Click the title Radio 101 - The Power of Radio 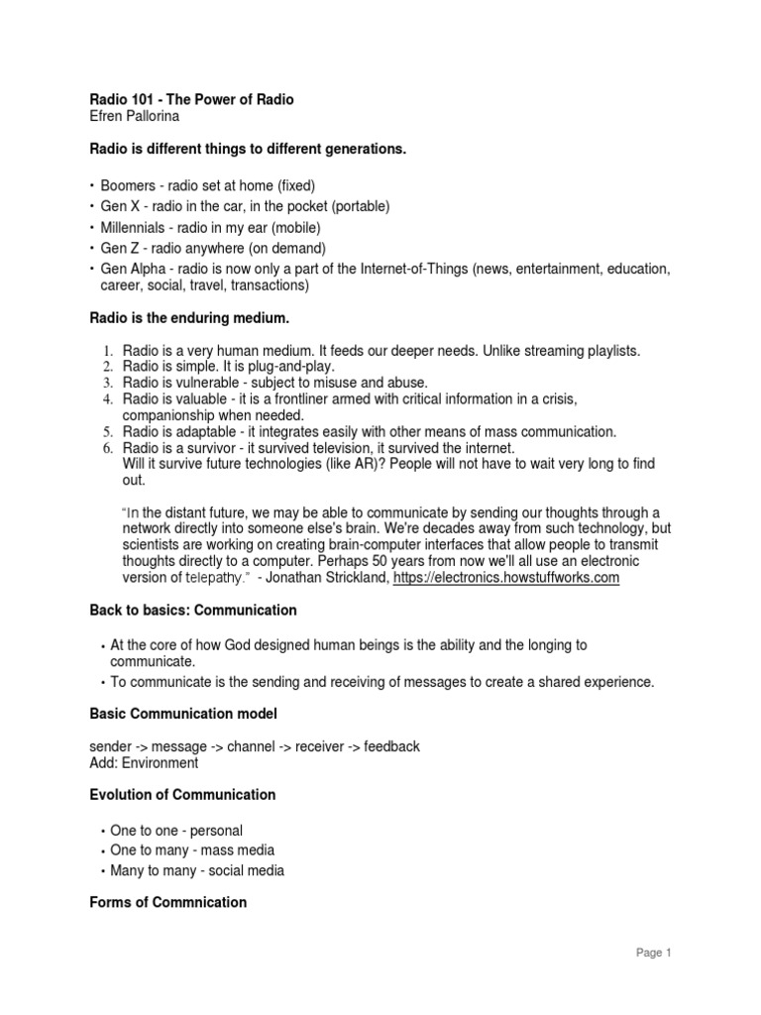coord(191,100)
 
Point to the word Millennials coord(138,227)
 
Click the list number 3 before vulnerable coord(110,383)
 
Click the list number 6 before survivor coord(110,448)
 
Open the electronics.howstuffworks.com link coord(506,577)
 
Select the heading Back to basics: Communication coord(193,610)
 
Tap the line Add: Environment coord(144,763)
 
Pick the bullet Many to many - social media coord(197,870)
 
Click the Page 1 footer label coord(654,954)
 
